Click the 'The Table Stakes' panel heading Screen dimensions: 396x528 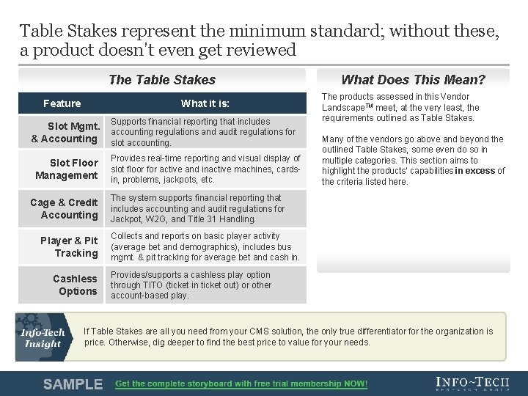tap(161, 80)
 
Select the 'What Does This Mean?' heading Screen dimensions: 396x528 tap(413, 80)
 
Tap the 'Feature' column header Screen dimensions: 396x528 tap(62, 103)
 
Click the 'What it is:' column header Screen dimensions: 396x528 tap(205, 103)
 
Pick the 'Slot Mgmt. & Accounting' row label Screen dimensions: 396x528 tap(65, 133)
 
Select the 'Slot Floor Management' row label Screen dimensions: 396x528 tap(67, 169)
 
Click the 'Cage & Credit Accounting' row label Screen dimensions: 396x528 tap(64, 208)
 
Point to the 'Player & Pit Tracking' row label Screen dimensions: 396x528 tap(69, 246)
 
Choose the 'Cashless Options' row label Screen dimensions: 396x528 tap(75, 285)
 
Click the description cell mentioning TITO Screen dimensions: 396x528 tap(205, 285)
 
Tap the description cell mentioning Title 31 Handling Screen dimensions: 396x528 tap(205, 208)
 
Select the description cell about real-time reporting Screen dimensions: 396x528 tap(205, 169)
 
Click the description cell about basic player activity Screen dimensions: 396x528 tap(205, 246)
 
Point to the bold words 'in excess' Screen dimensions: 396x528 tap(474, 171)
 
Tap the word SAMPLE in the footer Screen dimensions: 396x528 tap(73, 384)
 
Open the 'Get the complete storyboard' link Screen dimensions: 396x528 tap(241, 384)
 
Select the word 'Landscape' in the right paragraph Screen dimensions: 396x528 tap(346, 107)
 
